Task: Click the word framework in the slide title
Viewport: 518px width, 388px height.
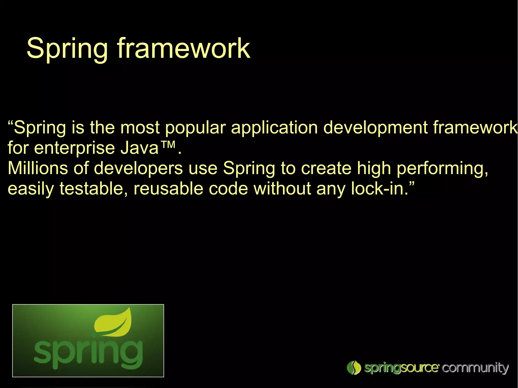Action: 183,48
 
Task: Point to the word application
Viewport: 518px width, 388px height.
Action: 274,128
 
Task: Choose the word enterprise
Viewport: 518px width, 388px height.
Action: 75,148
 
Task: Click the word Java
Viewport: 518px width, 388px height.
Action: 139,148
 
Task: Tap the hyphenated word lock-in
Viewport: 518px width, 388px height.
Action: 379,189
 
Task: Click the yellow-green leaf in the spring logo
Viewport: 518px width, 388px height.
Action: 114,323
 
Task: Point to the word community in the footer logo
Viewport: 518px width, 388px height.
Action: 475,368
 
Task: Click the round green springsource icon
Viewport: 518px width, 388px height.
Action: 354,368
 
